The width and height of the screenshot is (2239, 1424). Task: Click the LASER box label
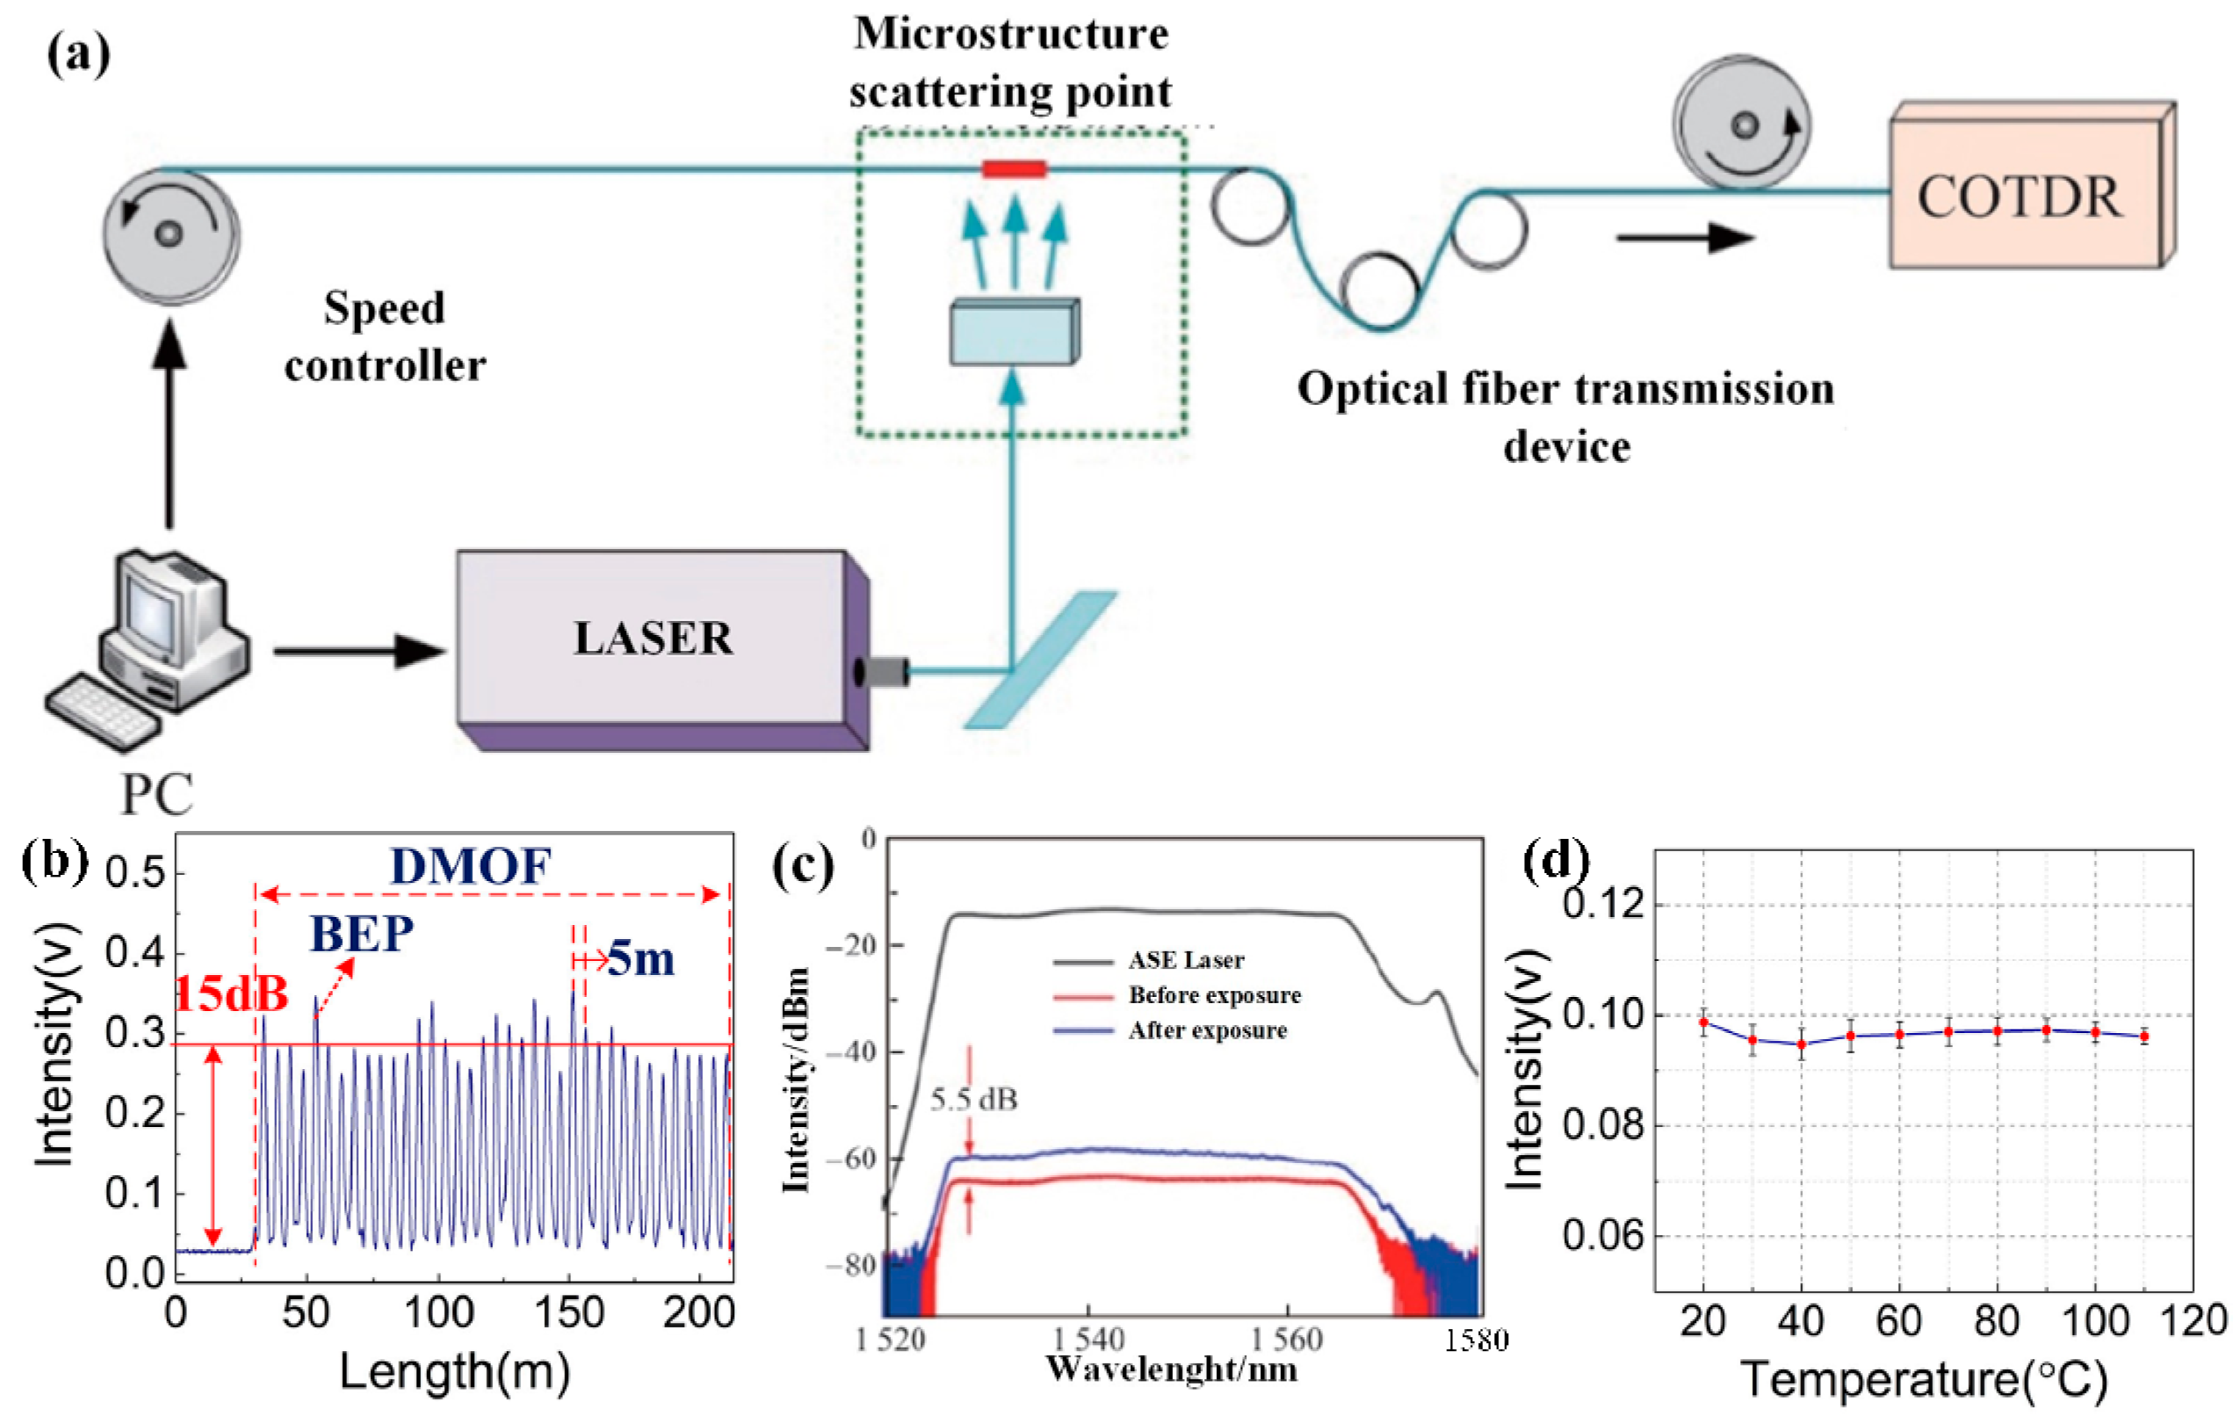click(x=653, y=638)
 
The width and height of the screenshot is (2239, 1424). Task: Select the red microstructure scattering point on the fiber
click(x=1014, y=168)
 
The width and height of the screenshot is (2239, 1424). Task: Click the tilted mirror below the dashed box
click(x=1041, y=658)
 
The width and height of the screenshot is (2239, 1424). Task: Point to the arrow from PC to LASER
click(x=358, y=650)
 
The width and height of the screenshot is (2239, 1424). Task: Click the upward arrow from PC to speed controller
click(x=169, y=423)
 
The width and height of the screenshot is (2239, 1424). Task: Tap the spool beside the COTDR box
click(x=1742, y=123)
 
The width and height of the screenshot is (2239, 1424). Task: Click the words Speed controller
click(x=385, y=337)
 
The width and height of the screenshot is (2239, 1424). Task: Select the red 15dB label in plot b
click(x=231, y=994)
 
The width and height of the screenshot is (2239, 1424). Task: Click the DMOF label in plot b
click(x=471, y=866)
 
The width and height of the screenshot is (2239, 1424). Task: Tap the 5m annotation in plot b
click(x=640, y=958)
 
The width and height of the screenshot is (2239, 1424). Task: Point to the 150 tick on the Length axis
click(x=568, y=1312)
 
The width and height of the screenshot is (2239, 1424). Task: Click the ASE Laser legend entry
click(x=1184, y=960)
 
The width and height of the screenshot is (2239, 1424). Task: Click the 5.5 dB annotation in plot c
click(x=974, y=1099)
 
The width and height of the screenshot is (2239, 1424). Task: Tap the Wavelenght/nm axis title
click(x=1171, y=1369)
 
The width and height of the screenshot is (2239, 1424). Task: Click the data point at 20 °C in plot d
click(x=1704, y=1022)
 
